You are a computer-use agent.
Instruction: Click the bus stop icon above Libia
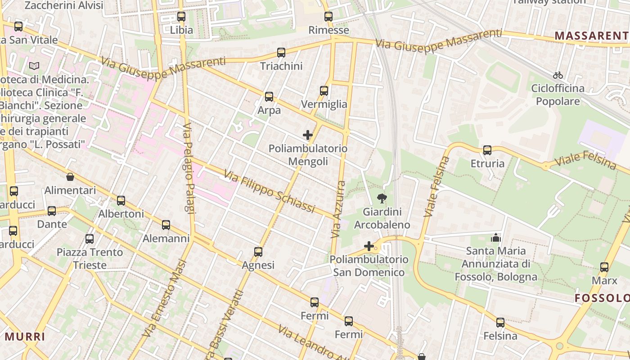(x=181, y=17)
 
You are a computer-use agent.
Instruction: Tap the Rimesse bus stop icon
(x=328, y=17)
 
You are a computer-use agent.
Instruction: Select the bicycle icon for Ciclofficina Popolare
(x=558, y=75)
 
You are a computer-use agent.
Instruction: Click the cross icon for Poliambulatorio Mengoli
(x=308, y=135)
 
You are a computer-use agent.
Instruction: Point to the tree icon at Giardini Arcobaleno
(x=382, y=198)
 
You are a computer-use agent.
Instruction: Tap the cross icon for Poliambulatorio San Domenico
(x=369, y=246)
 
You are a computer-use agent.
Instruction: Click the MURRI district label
(x=25, y=337)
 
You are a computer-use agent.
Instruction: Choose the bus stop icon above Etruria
(x=487, y=150)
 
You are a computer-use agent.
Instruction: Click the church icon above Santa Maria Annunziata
(x=496, y=237)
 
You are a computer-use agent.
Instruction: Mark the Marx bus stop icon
(x=604, y=267)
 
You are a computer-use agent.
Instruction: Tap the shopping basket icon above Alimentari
(x=70, y=177)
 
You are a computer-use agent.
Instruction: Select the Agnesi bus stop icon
(x=258, y=252)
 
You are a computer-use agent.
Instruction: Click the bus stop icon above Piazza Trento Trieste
(x=90, y=239)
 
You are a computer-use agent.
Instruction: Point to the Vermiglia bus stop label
(x=324, y=104)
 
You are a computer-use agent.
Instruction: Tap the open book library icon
(x=34, y=66)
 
